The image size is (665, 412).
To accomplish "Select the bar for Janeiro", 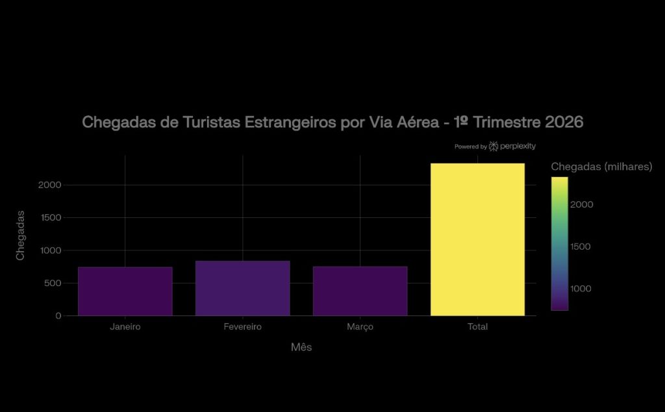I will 125,291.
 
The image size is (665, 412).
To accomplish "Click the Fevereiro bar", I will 242,288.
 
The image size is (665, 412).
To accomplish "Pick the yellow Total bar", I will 477,239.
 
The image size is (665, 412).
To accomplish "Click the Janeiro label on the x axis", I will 125,327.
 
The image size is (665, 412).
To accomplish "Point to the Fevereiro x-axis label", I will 242,327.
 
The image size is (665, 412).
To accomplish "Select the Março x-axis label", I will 360,327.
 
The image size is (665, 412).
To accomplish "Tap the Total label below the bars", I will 477,327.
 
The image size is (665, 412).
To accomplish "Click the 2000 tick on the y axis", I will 49,185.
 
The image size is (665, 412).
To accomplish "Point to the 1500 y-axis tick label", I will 49,217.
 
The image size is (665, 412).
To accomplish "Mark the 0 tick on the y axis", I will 58,316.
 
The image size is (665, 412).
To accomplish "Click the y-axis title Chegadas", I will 20,235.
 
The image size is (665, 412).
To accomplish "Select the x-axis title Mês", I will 301,347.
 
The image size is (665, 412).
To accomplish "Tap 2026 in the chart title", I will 564,122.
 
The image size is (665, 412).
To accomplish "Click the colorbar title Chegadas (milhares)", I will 601,167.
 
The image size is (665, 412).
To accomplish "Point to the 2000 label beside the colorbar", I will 582,204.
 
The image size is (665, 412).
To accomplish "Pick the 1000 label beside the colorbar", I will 582,289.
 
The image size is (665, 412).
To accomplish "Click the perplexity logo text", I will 518,147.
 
